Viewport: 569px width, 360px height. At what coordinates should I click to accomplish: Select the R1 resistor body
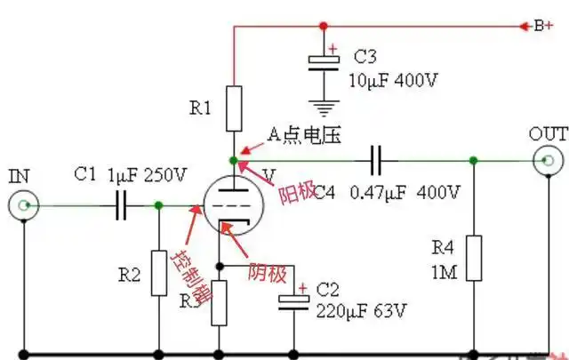(x=233, y=108)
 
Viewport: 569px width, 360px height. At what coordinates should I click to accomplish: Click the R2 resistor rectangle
(x=158, y=273)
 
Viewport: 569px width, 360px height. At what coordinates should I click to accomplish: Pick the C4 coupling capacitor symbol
(x=377, y=161)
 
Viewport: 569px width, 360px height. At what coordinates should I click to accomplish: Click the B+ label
(x=543, y=26)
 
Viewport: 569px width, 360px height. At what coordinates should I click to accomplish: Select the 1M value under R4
(x=445, y=273)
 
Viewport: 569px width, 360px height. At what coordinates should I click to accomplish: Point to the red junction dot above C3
(x=323, y=25)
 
